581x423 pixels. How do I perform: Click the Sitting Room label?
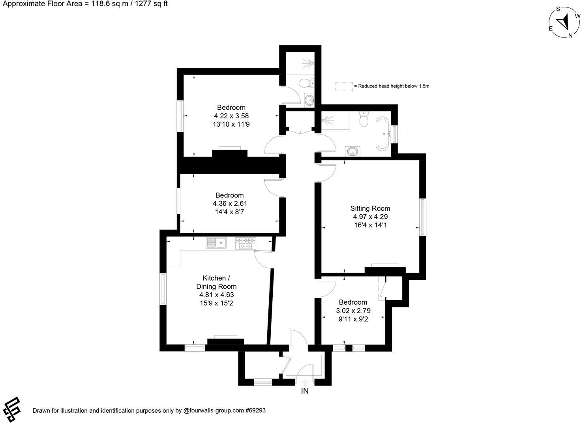pos(370,208)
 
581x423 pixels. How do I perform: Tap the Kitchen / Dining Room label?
pos(216,282)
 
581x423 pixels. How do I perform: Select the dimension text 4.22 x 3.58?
pos(231,116)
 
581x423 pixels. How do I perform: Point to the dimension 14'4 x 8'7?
pos(230,212)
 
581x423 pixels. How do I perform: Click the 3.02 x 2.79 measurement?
pos(353,311)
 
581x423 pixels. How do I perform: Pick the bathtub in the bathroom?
pos(382,133)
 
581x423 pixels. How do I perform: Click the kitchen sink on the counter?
pos(216,243)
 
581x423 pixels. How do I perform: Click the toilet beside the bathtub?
pos(364,119)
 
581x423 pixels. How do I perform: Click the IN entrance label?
pos(305,391)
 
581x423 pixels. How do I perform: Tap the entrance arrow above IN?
pos(305,382)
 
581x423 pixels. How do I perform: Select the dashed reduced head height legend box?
pos(344,86)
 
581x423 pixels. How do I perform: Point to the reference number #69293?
pos(255,410)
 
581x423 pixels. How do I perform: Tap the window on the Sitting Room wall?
pos(423,217)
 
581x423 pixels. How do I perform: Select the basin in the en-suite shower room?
pos(310,99)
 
